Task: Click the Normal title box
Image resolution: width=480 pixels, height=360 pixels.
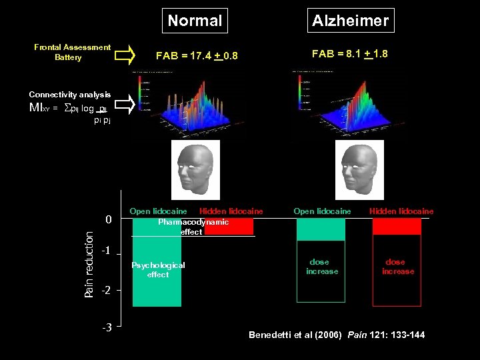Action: coord(195,21)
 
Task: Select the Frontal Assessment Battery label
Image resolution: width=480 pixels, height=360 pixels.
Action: coord(72,52)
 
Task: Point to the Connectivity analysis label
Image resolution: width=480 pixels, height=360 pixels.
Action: coord(70,95)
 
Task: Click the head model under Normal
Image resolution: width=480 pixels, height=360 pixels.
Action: coord(195,166)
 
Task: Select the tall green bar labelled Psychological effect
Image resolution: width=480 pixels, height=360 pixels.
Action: coord(157,267)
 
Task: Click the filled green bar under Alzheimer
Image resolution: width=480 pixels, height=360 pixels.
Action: coord(321,229)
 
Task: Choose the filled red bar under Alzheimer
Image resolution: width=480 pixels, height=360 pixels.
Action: coord(397,227)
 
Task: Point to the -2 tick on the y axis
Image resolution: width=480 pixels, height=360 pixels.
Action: coord(105,291)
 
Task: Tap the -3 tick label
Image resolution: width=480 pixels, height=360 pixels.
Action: coord(105,327)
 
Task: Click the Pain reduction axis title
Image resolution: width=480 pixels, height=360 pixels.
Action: coord(89,260)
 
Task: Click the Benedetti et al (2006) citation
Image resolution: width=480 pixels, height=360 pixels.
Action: coord(337,335)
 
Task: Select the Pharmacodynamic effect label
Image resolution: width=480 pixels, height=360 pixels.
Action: coord(193,227)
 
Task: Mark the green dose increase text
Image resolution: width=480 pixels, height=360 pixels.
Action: coord(322,267)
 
